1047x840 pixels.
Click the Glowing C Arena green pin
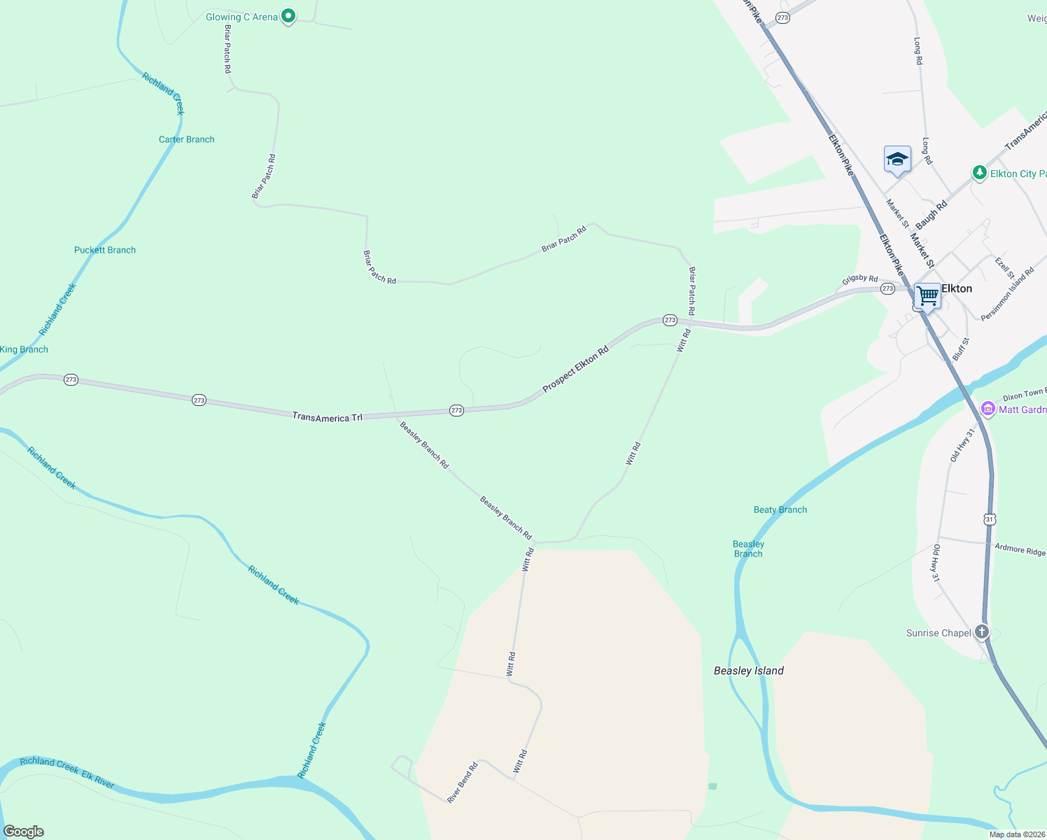tap(288, 17)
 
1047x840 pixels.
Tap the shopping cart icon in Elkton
tap(927, 296)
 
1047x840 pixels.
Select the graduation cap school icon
tap(897, 160)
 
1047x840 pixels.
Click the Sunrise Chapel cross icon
tap(982, 632)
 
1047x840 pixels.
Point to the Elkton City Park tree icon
tap(980, 173)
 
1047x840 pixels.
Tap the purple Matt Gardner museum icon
tap(988, 409)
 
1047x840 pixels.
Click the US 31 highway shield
tap(989, 519)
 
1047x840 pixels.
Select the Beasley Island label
tap(748, 671)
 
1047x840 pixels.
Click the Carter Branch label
tap(186, 139)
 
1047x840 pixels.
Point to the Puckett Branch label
tap(105, 250)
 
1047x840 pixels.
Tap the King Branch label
tap(24, 349)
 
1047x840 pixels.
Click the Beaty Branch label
tap(780, 510)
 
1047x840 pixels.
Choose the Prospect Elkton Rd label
tap(575, 368)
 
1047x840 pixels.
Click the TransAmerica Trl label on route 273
tap(328, 417)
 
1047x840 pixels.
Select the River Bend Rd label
tap(463, 782)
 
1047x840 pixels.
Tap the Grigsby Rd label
tap(859, 279)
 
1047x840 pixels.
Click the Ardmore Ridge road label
tap(1020, 549)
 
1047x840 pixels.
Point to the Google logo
tap(23, 832)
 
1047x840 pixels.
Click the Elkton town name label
tap(957, 288)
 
